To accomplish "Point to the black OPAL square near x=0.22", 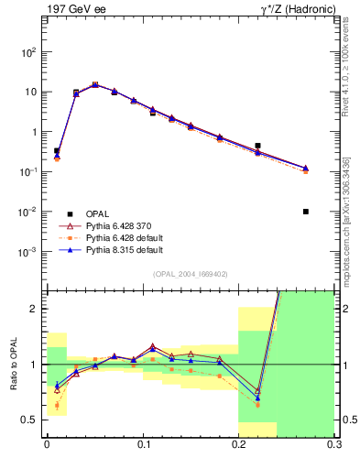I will (257, 146).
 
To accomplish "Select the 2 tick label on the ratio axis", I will (35, 309).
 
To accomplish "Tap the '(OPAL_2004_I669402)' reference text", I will (190, 273).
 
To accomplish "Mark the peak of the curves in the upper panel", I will (95, 84).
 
